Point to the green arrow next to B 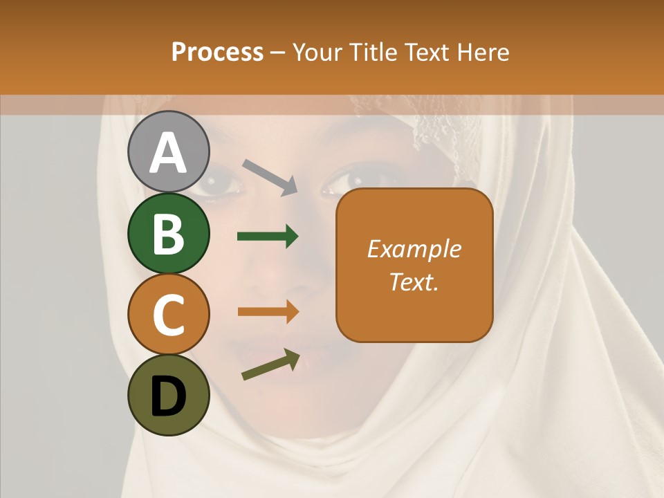tap(268, 237)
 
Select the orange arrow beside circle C tap(268, 311)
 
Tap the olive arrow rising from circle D tap(270, 365)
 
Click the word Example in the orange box tap(414, 249)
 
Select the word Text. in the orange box tap(414, 282)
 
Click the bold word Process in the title tap(217, 52)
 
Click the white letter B tap(168, 234)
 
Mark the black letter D tap(168, 397)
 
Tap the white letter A tap(168, 153)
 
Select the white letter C tap(168, 315)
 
